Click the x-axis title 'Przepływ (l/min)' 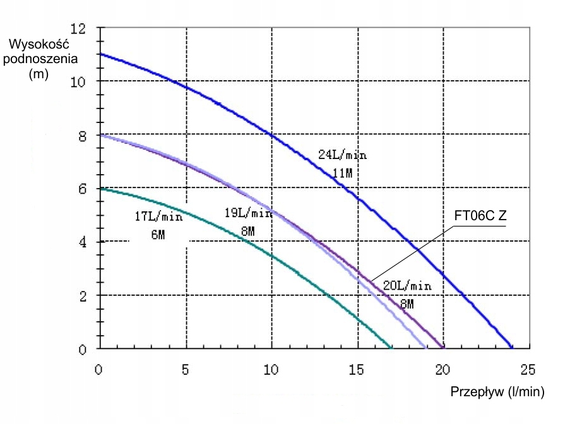496,392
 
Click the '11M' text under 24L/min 342,172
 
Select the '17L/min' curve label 158,216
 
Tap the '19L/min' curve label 248,213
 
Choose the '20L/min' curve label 408,286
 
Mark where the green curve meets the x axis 391,348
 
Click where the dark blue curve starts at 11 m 100,54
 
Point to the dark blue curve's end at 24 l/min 511,348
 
